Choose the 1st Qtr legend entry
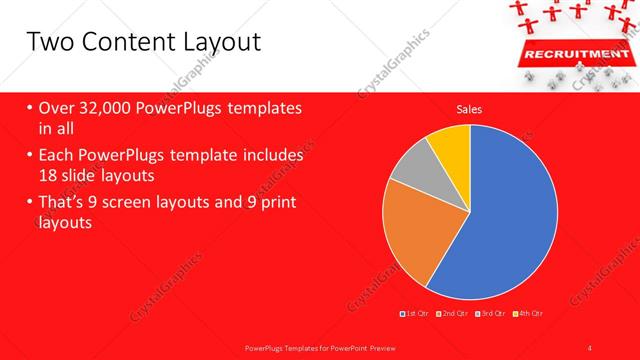point(415,314)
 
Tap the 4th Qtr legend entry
point(530,314)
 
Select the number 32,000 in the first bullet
point(105,108)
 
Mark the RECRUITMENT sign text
point(566,52)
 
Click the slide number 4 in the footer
point(590,347)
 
